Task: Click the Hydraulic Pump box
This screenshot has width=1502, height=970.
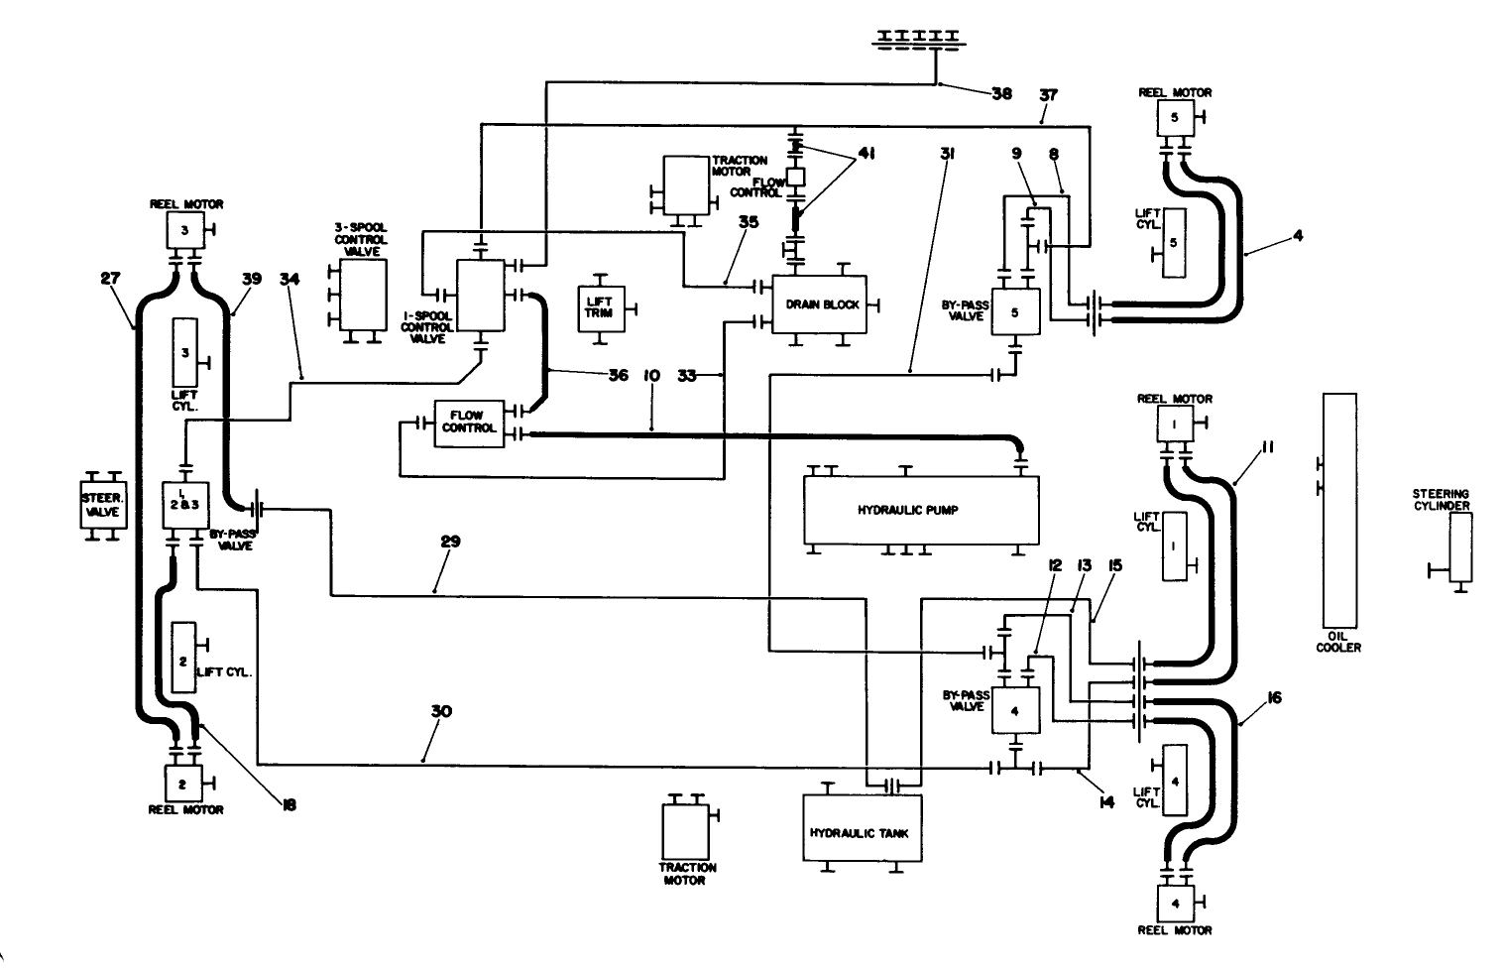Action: click(x=921, y=510)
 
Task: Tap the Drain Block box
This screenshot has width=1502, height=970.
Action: click(x=819, y=303)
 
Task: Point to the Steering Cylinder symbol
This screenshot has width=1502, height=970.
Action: click(x=1459, y=546)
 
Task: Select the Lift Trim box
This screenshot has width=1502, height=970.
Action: click(x=599, y=305)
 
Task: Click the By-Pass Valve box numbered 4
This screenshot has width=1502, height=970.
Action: click(x=1015, y=711)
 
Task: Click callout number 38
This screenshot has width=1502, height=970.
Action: click(x=1001, y=94)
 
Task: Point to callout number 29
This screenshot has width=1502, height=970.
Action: click(x=451, y=543)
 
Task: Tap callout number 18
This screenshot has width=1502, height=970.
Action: click(x=288, y=804)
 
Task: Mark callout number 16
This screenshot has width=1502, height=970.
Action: click(x=1274, y=698)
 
